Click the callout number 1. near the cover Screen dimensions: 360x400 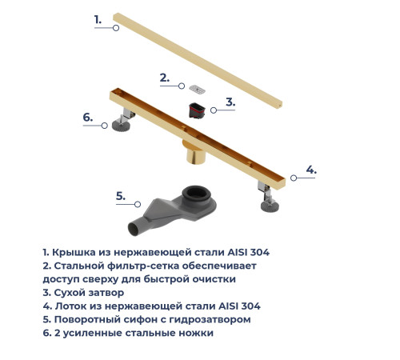[98, 18]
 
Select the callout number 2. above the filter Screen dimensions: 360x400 [164, 78]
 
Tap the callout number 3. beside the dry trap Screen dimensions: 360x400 [230, 102]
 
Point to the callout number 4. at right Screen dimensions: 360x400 [311, 170]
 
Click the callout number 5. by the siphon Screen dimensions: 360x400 [121, 195]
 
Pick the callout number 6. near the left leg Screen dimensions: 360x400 [89, 117]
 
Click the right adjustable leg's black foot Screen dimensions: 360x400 [269, 207]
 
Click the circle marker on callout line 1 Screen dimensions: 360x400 [116, 27]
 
